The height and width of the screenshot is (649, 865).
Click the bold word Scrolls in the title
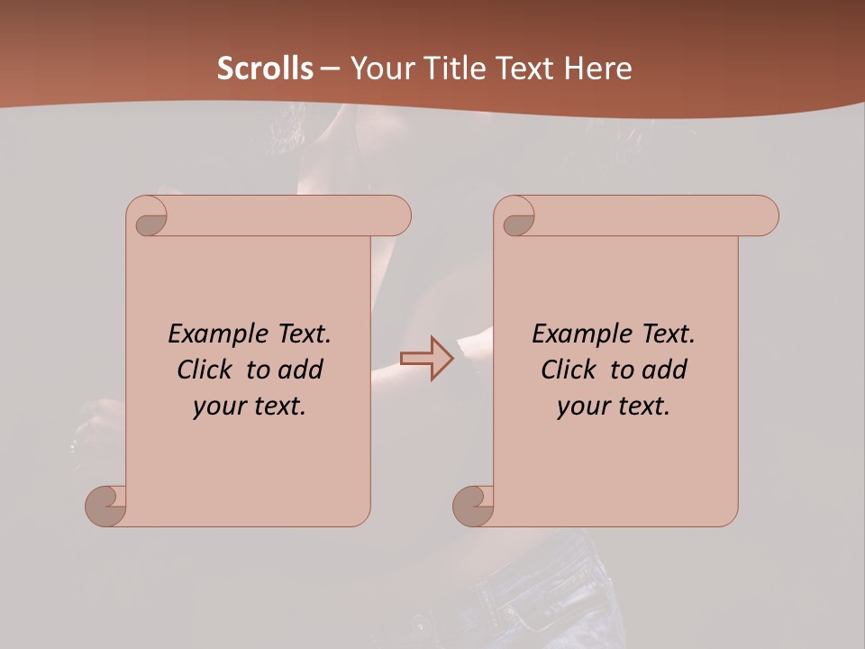(265, 69)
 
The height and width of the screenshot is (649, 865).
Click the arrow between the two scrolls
(427, 359)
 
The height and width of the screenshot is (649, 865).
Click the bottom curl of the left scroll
(105, 506)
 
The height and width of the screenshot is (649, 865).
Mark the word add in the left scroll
(301, 370)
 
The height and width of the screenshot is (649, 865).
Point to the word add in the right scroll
(665, 370)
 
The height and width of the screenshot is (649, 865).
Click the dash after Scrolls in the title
(330, 69)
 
